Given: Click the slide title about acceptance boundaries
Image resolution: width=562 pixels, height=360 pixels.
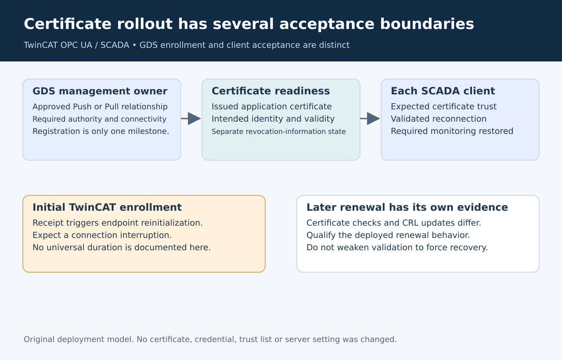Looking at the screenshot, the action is coord(249,24).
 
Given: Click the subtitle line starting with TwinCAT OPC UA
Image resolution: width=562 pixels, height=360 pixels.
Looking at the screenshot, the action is coord(187,45).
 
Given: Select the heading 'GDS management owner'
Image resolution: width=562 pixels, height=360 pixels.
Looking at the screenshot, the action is coord(100,91).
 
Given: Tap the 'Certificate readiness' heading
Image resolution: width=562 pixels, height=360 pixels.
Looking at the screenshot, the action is coord(271,91).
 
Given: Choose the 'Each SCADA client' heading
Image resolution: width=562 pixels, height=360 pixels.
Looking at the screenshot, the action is coord(443,91).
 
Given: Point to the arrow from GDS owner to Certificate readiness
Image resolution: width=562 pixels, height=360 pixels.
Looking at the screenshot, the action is coord(191,119).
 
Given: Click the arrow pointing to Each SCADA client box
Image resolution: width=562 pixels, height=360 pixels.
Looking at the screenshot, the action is coord(370,119).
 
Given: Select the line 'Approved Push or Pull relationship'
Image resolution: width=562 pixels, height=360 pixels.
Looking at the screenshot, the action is coord(100,107).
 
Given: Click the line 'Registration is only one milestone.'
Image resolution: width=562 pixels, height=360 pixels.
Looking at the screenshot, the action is coord(101,131).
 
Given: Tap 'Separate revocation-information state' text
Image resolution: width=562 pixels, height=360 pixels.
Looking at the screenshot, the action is coord(279,131).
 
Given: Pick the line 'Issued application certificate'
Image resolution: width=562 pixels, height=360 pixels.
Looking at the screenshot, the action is coord(272,107).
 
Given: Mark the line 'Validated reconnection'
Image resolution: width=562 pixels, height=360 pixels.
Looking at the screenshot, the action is coord(439,119).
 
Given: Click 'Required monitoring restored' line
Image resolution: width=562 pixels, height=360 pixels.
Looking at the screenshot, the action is coord(452,131).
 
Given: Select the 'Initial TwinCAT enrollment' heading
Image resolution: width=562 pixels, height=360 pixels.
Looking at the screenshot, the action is coord(107,208).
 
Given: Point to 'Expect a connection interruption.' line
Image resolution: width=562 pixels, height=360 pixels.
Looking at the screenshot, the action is coord(102,235).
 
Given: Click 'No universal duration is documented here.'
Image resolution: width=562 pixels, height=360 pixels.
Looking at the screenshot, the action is coord(122,248).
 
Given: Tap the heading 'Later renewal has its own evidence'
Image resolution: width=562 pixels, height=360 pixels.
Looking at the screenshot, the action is coord(407,208).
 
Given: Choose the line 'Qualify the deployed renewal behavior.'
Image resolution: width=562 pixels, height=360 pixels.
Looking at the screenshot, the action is coord(388,235).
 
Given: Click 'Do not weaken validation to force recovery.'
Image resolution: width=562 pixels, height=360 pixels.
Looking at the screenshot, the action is coord(397,248).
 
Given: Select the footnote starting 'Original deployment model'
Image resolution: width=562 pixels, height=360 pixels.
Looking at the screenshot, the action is coord(210,339).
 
